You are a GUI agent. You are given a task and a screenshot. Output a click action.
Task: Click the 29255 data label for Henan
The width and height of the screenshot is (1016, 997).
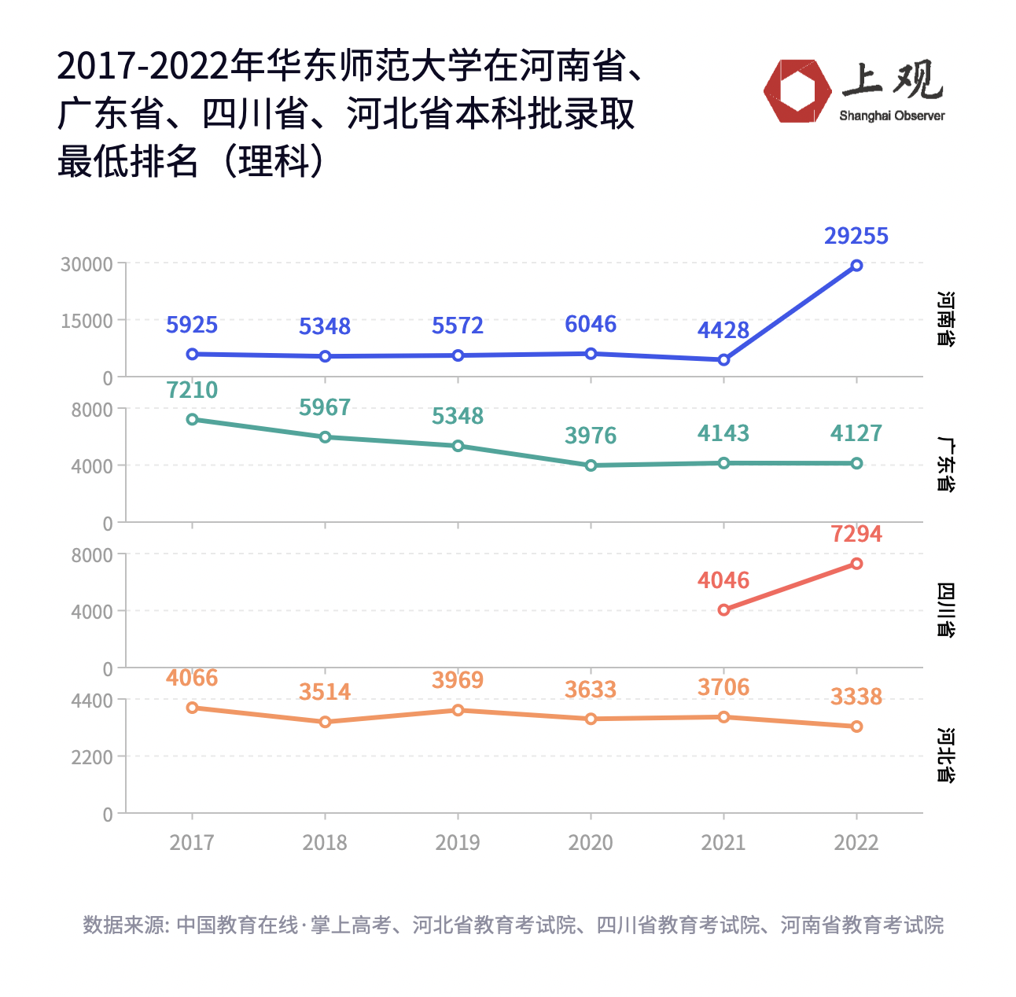[x=856, y=236]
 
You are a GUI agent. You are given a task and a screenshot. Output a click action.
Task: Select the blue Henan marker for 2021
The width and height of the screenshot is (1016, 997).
[x=723, y=360]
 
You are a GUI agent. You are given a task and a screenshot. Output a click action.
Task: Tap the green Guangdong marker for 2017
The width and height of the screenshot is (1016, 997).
[x=192, y=419]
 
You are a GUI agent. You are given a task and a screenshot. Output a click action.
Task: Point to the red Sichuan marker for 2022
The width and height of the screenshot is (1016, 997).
[x=856, y=564]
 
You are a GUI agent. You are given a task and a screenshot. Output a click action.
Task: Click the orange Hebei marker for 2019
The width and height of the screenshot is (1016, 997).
[x=458, y=710]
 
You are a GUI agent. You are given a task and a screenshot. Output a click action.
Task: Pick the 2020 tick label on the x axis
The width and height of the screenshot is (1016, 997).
[x=591, y=843]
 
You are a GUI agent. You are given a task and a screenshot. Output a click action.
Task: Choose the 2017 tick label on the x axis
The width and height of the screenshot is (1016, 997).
[x=192, y=843]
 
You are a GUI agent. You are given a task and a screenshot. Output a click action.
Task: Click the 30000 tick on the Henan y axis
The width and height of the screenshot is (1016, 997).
[x=87, y=264]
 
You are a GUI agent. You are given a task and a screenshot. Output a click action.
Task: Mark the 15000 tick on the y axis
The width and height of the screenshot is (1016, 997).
[x=87, y=321]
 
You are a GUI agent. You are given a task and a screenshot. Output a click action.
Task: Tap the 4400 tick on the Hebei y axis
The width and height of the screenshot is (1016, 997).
[x=92, y=701]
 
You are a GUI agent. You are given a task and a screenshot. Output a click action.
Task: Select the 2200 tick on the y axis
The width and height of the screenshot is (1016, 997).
[x=92, y=757]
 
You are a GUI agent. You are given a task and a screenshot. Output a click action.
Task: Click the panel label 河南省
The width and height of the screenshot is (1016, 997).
[x=946, y=319]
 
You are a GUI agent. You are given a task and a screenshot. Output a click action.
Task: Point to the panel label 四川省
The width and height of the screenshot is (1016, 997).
[x=946, y=610]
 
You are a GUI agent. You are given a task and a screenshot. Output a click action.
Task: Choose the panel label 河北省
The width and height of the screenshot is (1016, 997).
[x=946, y=756]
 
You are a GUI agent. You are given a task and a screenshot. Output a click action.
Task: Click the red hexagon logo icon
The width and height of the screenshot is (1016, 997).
[x=797, y=91]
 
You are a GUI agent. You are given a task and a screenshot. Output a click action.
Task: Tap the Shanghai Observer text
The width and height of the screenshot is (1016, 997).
[x=892, y=116]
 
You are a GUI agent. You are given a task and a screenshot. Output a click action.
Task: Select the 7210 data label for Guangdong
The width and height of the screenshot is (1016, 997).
[x=192, y=390]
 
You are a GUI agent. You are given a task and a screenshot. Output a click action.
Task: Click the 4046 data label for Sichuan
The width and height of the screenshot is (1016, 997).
[x=723, y=580]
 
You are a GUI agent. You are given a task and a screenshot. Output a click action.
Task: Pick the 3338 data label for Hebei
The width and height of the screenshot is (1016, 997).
[x=856, y=697]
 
